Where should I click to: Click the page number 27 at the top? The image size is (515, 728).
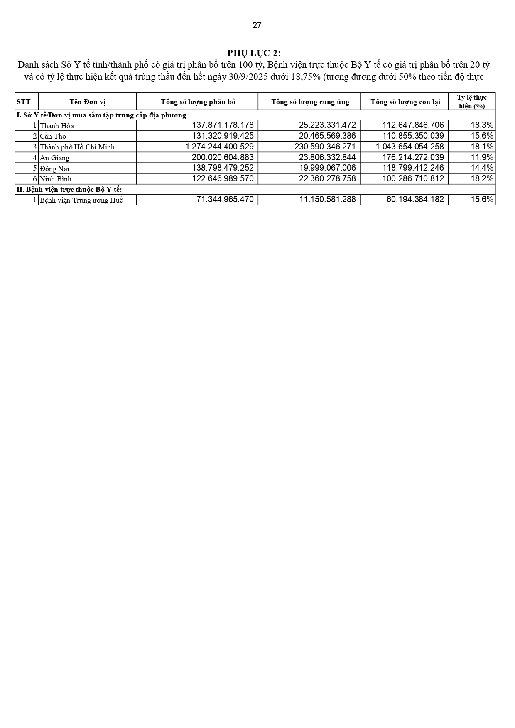tap(257, 25)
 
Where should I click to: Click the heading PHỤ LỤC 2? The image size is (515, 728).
tap(254, 53)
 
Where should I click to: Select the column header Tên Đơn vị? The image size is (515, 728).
tap(87, 102)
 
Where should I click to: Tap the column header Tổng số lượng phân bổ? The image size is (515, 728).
tap(198, 102)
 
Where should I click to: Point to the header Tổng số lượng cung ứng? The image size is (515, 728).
tap(310, 102)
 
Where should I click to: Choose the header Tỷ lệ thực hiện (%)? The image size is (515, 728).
tap(471, 102)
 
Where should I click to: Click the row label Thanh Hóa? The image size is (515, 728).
tap(57, 126)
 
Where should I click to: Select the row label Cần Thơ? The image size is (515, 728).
tap(53, 136)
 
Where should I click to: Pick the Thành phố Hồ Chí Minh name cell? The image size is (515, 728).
tap(77, 147)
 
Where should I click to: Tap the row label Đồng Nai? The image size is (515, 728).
tap(54, 169)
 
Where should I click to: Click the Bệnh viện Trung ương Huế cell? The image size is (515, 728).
tap(81, 200)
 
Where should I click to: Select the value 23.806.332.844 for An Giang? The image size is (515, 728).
tap(327, 157)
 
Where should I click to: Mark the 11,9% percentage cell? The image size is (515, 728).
tap(482, 157)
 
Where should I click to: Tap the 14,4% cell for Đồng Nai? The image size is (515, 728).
tap(482, 168)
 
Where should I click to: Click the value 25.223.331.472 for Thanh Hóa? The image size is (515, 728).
tap(327, 125)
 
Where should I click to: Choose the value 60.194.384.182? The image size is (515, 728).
tap(415, 200)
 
